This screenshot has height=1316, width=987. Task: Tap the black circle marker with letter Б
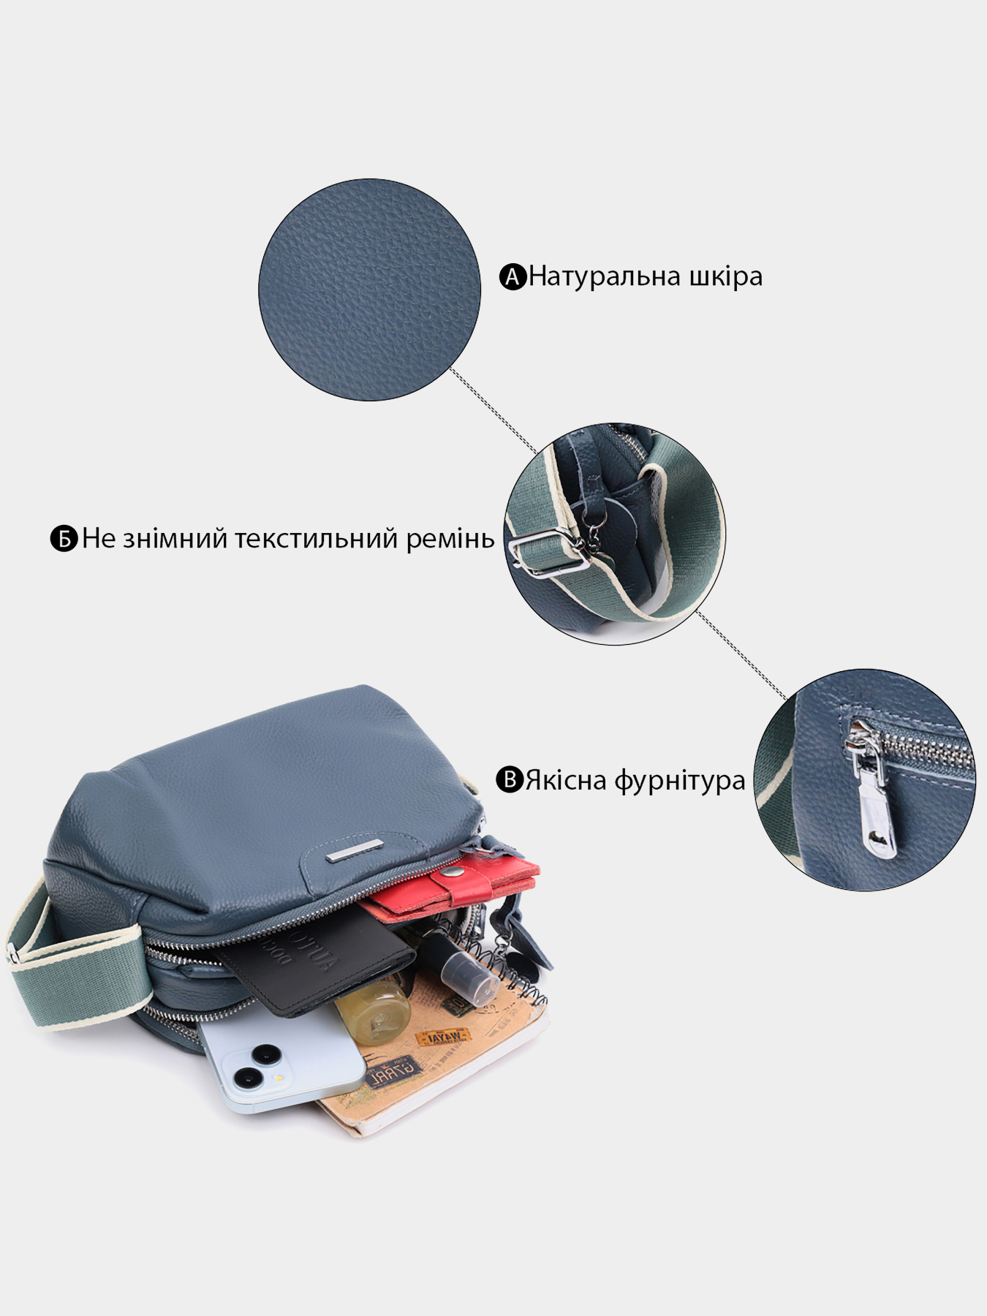64,539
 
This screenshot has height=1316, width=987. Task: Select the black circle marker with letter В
510,780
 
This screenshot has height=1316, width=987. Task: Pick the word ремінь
452,539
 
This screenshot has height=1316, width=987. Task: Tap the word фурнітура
679,781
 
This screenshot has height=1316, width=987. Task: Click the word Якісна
566,780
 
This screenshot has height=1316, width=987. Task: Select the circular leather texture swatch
369,290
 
